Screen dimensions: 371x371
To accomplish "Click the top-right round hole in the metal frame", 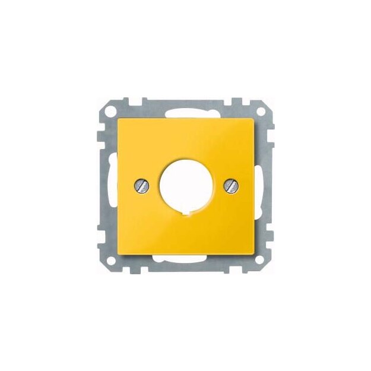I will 261,111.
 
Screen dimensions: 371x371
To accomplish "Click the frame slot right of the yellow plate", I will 261,185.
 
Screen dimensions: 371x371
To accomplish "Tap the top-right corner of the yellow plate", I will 256,117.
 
